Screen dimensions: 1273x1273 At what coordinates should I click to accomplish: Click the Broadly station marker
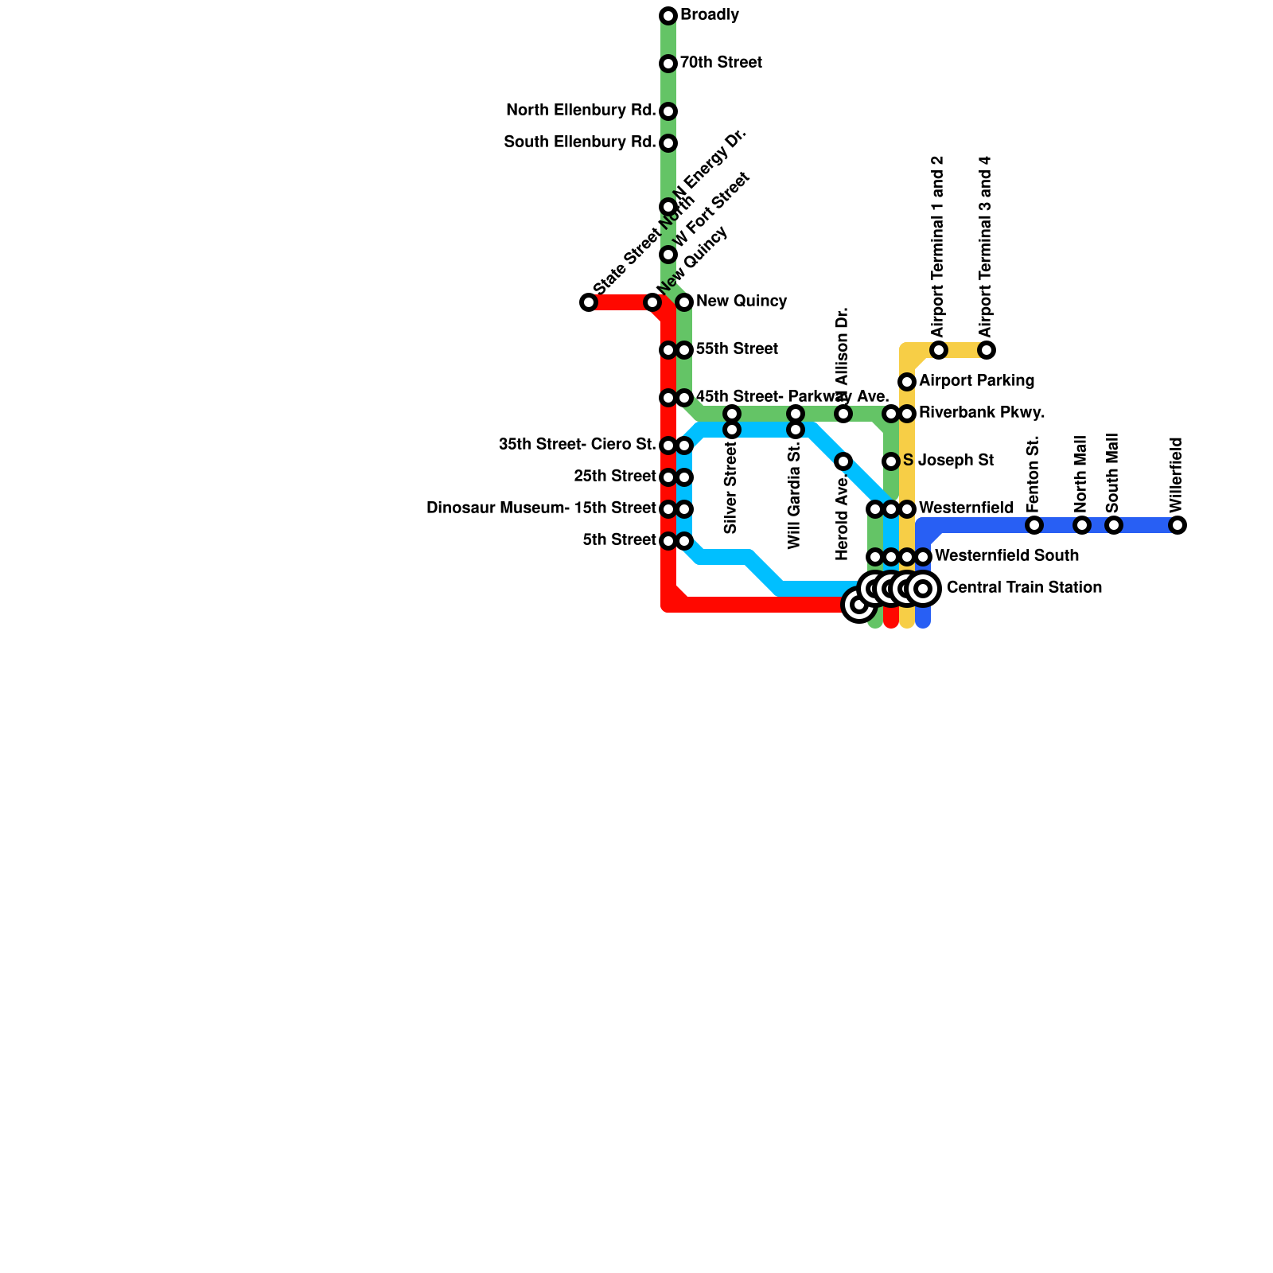pyautogui.click(x=668, y=16)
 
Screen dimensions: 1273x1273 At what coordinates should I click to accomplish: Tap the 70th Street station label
pyautogui.click(x=721, y=63)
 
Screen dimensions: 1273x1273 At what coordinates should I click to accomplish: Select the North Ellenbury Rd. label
pyautogui.click(x=581, y=111)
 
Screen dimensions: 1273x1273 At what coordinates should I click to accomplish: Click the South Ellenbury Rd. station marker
pyautogui.click(x=668, y=143)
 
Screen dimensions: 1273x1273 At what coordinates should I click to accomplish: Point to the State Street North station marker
pyautogui.click(x=589, y=302)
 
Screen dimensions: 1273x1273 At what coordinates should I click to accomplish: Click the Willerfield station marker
pyautogui.click(x=1178, y=525)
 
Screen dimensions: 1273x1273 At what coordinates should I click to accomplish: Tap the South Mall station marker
pyautogui.click(x=1114, y=525)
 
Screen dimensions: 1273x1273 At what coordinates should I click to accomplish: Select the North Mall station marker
pyautogui.click(x=1082, y=525)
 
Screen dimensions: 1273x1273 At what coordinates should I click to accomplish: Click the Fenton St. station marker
pyautogui.click(x=1034, y=525)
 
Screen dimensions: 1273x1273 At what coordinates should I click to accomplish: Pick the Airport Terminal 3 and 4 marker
pyautogui.click(x=987, y=350)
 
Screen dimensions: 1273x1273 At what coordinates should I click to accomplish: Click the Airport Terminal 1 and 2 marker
pyautogui.click(x=939, y=350)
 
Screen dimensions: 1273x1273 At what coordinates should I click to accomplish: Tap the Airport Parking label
pyautogui.click(x=976, y=381)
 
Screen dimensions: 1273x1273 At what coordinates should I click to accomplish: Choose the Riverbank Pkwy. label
pyautogui.click(x=982, y=413)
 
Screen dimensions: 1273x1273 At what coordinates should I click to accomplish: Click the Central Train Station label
pyautogui.click(x=1024, y=588)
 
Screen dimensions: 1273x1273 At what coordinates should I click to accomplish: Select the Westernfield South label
pyautogui.click(x=1006, y=555)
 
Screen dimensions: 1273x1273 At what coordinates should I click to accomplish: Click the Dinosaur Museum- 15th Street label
pyautogui.click(x=541, y=508)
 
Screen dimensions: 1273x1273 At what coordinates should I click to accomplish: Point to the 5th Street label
pyautogui.click(x=619, y=540)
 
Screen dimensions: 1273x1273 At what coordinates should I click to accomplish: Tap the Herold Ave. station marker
pyautogui.click(x=843, y=461)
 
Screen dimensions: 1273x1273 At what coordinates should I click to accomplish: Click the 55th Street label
pyautogui.click(x=737, y=349)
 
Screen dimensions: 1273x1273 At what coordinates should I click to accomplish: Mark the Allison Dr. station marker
pyautogui.click(x=843, y=414)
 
